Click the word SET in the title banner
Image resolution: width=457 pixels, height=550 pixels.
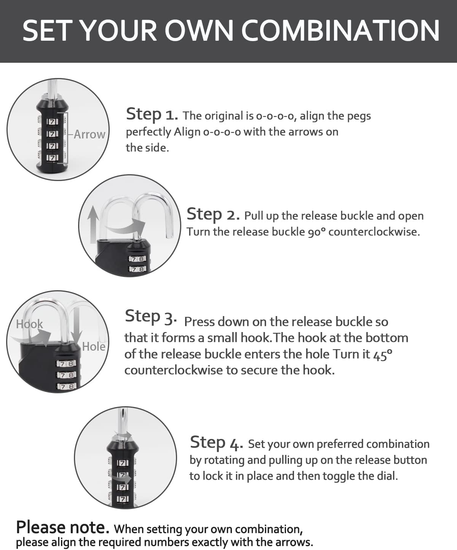tap(49, 30)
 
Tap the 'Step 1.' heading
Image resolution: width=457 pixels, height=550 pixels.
tap(152, 114)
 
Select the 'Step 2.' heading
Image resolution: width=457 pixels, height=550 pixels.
tap(213, 215)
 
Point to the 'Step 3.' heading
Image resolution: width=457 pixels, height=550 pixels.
tap(150, 317)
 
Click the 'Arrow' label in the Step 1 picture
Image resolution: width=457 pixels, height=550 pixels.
tap(89, 134)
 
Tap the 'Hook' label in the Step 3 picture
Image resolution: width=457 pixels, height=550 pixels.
tap(29, 324)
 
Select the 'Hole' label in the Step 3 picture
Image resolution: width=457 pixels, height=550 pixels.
tap(94, 347)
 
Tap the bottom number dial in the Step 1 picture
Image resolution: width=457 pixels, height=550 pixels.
tap(53, 157)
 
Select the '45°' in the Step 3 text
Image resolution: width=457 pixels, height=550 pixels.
tap(382, 354)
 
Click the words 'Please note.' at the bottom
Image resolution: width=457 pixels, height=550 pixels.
tap(62, 528)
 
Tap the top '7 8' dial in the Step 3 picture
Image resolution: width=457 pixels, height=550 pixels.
tap(67, 364)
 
